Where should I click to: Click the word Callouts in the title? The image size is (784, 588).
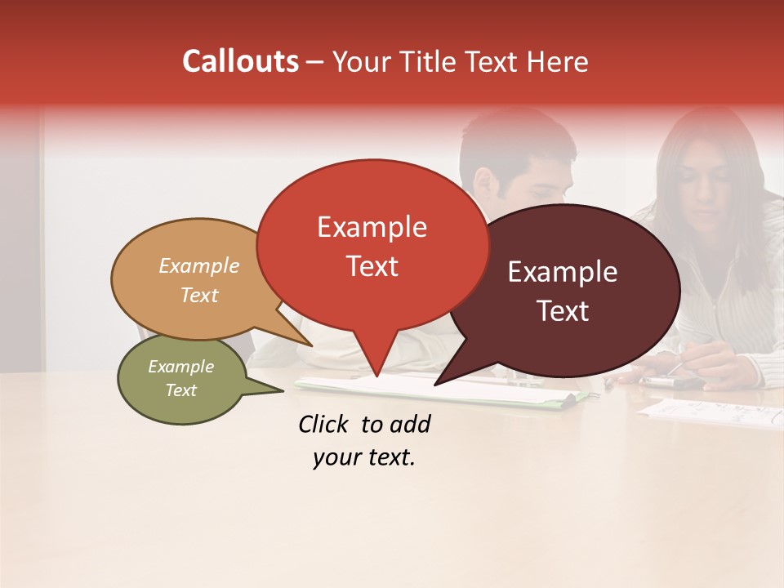[241, 62]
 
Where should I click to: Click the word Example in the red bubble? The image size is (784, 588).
[372, 227]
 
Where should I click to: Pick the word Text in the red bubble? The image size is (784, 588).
[372, 266]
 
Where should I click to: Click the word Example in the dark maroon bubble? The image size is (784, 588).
[563, 272]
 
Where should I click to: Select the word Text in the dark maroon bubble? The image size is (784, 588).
[563, 311]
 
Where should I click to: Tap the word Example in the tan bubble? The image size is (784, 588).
[199, 266]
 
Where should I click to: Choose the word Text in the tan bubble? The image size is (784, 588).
[199, 296]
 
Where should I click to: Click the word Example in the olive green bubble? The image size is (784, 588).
[180, 367]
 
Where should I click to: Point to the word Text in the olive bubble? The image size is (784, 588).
[180, 390]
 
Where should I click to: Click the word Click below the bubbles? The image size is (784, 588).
[326, 424]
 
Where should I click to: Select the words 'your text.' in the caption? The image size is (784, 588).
[364, 458]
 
